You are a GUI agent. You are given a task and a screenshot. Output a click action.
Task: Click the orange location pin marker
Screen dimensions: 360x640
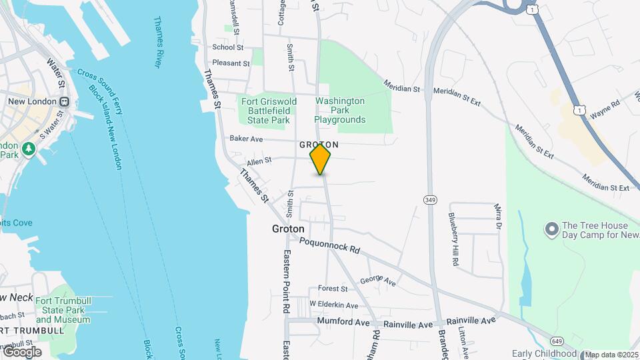coord(320,159)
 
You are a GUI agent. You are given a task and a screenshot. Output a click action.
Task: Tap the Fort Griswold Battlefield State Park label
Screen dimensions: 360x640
coord(265,111)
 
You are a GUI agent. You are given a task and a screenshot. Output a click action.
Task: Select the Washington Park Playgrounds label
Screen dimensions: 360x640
coord(340,111)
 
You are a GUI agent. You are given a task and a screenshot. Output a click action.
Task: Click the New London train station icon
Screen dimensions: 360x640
coord(65,101)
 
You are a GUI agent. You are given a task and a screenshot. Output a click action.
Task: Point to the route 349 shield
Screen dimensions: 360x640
coord(430,199)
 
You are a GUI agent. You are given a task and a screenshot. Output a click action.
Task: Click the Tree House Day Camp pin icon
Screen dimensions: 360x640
coord(551,230)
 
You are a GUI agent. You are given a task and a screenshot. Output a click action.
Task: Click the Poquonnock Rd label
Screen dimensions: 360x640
coord(329,245)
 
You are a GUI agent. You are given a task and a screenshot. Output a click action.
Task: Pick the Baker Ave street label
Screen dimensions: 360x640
coord(246,139)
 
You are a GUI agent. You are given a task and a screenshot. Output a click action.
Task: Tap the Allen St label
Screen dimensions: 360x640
coord(259,161)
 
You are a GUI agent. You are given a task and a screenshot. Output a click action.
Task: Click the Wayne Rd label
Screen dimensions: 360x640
coord(605,109)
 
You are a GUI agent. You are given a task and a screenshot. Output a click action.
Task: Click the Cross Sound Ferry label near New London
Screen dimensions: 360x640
coord(100,91)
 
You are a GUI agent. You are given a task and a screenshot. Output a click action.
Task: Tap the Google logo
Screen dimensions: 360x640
coord(21,352)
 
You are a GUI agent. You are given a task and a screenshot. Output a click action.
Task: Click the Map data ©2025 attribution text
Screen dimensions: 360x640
coord(612,355)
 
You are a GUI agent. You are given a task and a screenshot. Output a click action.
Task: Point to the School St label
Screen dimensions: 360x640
coord(227,47)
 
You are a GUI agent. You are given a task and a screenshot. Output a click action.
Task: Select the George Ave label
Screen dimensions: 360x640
coord(377,282)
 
